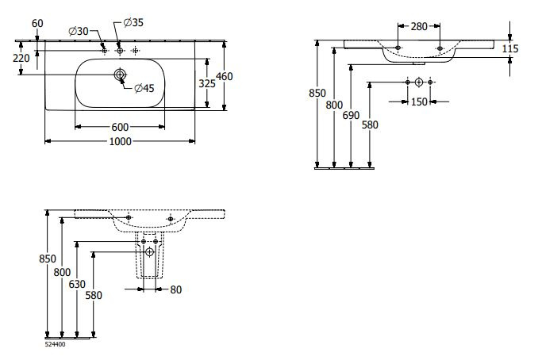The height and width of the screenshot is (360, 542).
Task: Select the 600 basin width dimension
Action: point(121,127)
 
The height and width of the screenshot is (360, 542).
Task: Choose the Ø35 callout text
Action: point(136,22)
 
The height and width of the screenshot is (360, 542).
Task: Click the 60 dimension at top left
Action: point(37,22)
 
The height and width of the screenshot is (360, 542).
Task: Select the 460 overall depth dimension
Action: point(225,76)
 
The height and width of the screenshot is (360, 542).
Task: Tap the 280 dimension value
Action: point(419,28)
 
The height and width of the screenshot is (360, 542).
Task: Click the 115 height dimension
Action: point(510,49)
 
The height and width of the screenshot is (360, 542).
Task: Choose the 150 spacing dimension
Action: point(419,101)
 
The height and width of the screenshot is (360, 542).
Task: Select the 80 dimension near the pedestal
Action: point(175,289)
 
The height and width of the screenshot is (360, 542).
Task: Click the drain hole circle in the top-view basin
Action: point(120,75)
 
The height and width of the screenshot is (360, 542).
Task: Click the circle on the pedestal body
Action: point(150,252)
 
